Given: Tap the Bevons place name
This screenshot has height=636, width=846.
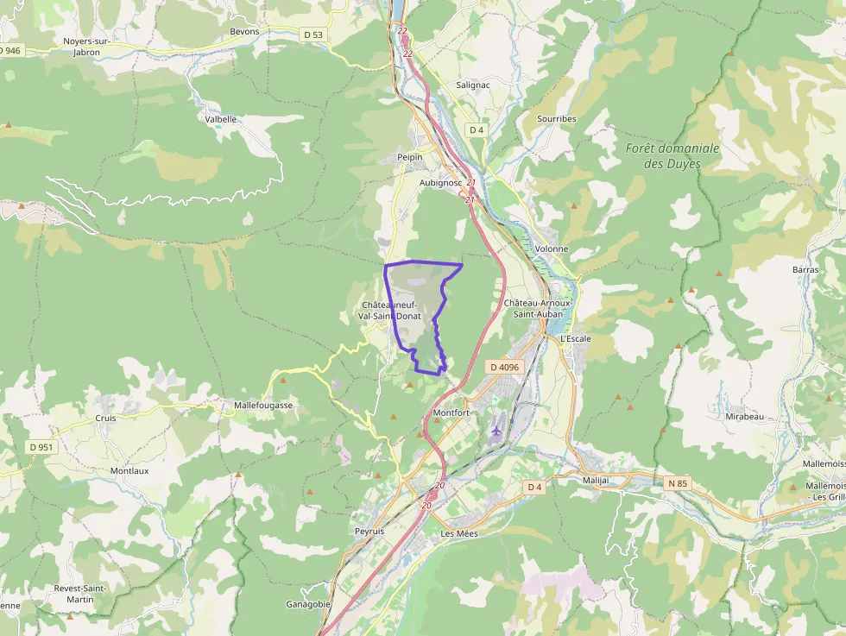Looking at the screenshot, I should point(244,31).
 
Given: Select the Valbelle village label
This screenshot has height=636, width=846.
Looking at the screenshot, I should point(221,119).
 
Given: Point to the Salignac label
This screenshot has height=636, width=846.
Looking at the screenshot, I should point(473,85).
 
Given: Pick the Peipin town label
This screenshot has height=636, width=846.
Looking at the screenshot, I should point(409,157).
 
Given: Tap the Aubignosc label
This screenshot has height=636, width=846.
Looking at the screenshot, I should point(440,183).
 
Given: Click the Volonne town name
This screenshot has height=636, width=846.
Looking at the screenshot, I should point(552,249).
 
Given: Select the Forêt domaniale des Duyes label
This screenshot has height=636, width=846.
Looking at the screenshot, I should point(672,155).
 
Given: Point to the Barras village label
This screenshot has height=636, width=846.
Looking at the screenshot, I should point(805,269).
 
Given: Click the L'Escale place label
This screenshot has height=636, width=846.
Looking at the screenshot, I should point(576,338).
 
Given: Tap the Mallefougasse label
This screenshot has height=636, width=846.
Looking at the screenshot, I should point(264,405).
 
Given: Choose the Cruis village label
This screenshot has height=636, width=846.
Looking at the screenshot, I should point(105,418).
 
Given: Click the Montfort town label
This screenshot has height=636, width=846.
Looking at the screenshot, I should point(451,413).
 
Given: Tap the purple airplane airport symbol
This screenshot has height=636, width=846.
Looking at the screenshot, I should point(496,429).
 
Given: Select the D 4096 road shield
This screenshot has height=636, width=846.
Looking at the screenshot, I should point(505,367).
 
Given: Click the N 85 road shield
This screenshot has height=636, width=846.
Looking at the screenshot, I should point(677,483).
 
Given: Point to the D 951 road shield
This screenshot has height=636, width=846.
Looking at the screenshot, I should point(41,447).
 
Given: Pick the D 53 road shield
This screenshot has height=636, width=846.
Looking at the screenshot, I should point(313,35).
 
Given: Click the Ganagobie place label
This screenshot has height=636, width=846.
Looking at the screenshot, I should point(308,604).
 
